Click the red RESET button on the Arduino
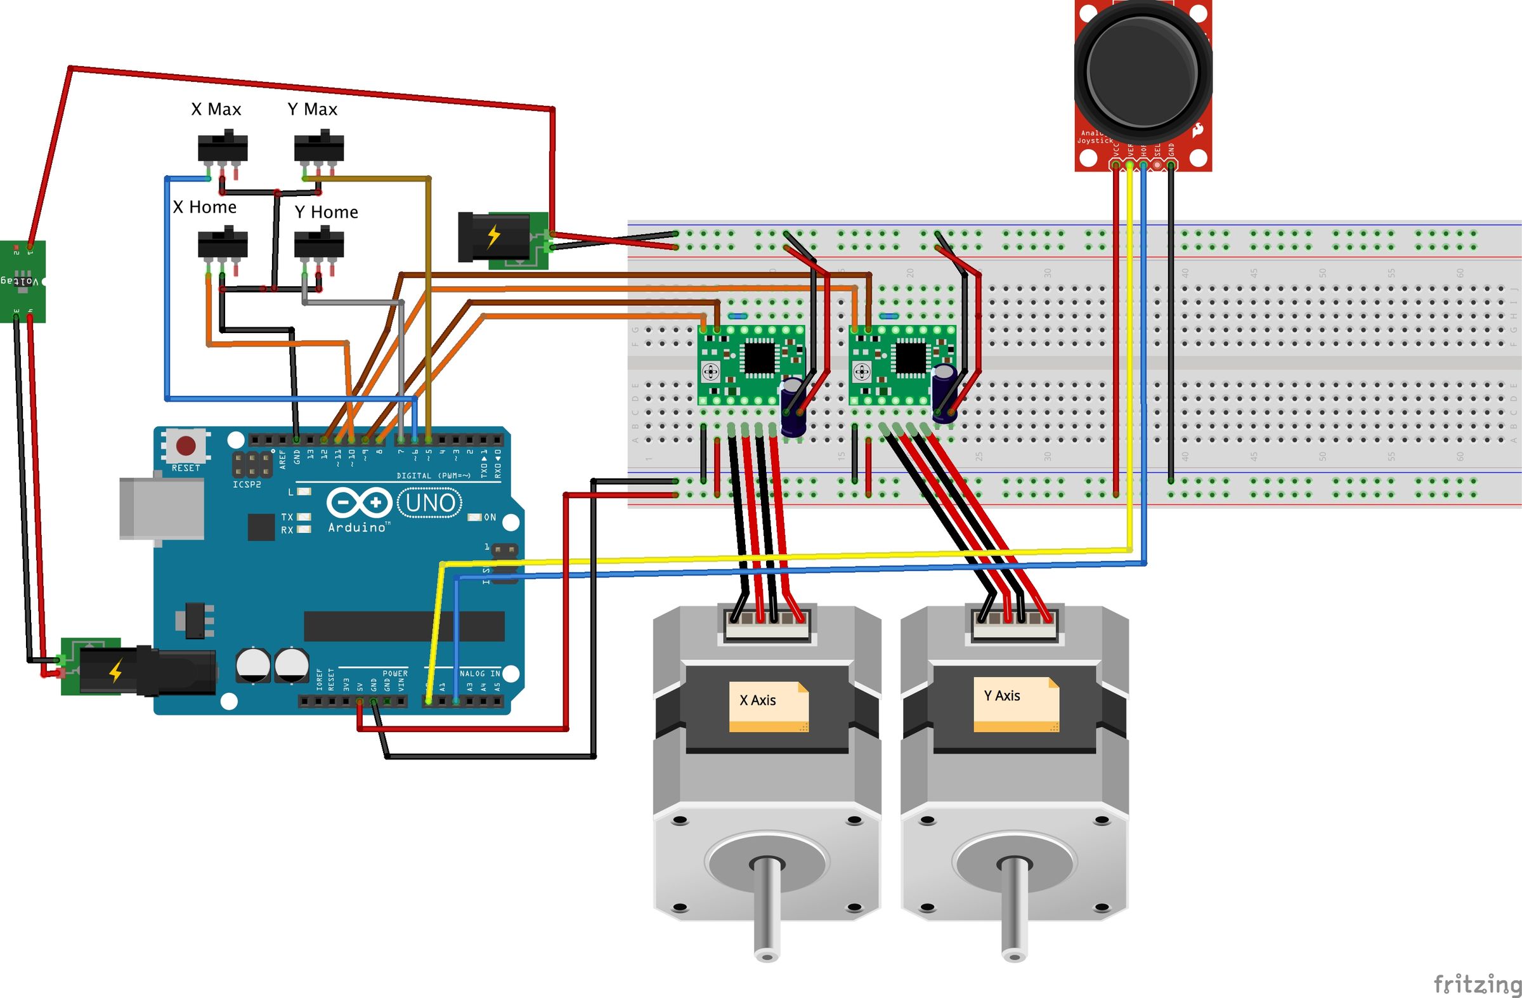click(x=186, y=445)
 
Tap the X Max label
click(x=216, y=109)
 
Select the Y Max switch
click(x=318, y=147)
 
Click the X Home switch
click(x=223, y=244)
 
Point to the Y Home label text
click(x=326, y=212)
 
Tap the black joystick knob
click(x=1142, y=70)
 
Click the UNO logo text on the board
click(x=431, y=504)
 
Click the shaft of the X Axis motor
click(x=766, y=909)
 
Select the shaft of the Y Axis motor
click(x=1013, y=909)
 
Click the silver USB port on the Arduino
click(x=162, y=509)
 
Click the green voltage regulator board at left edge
click(x=22, y=282)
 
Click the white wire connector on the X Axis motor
click(x=767, y=624)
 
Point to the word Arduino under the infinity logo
click(x=357, y=527)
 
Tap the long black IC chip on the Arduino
click(x=403, y=626)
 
